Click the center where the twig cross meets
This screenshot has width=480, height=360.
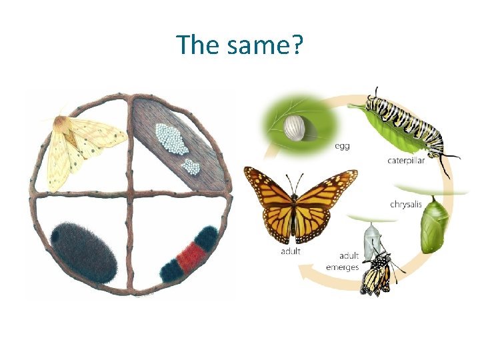[131, 195]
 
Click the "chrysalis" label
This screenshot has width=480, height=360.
[406, 204]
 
